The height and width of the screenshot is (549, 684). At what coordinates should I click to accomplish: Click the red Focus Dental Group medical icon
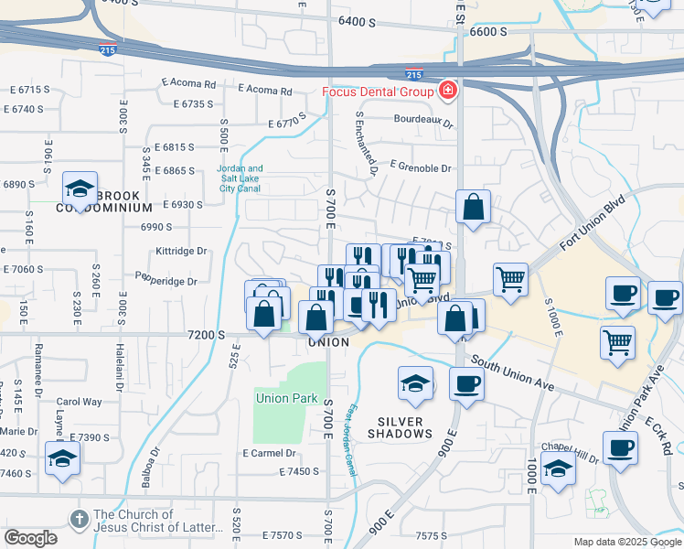click(x=448, y=91)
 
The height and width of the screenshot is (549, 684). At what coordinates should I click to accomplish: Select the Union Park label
click(x=286, y=398)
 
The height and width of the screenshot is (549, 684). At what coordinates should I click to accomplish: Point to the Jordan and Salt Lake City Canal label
click(x=240, y=178)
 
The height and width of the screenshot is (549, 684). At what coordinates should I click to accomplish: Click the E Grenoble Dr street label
click(x=421, y=168)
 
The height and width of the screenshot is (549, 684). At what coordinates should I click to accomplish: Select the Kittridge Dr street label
click(x=182, y=250)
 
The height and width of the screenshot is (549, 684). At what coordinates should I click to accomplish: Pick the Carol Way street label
click(x=80, y=401)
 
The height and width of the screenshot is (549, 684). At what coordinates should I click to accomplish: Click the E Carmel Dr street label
click(x=269, y=453)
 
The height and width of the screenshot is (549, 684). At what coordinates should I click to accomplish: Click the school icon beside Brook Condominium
click(x=80, y=189)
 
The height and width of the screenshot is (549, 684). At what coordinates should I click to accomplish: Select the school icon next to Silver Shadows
click(x=415, y=382)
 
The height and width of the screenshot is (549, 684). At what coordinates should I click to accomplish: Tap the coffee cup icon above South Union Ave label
click(x=466, y=382)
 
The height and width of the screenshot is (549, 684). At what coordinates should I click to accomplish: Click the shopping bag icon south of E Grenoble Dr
click(x=474, y=207)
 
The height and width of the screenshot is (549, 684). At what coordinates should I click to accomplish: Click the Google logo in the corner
click(x=30, y=538)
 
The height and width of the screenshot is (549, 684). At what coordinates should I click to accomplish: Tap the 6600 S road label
click(x=488, y=32)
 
